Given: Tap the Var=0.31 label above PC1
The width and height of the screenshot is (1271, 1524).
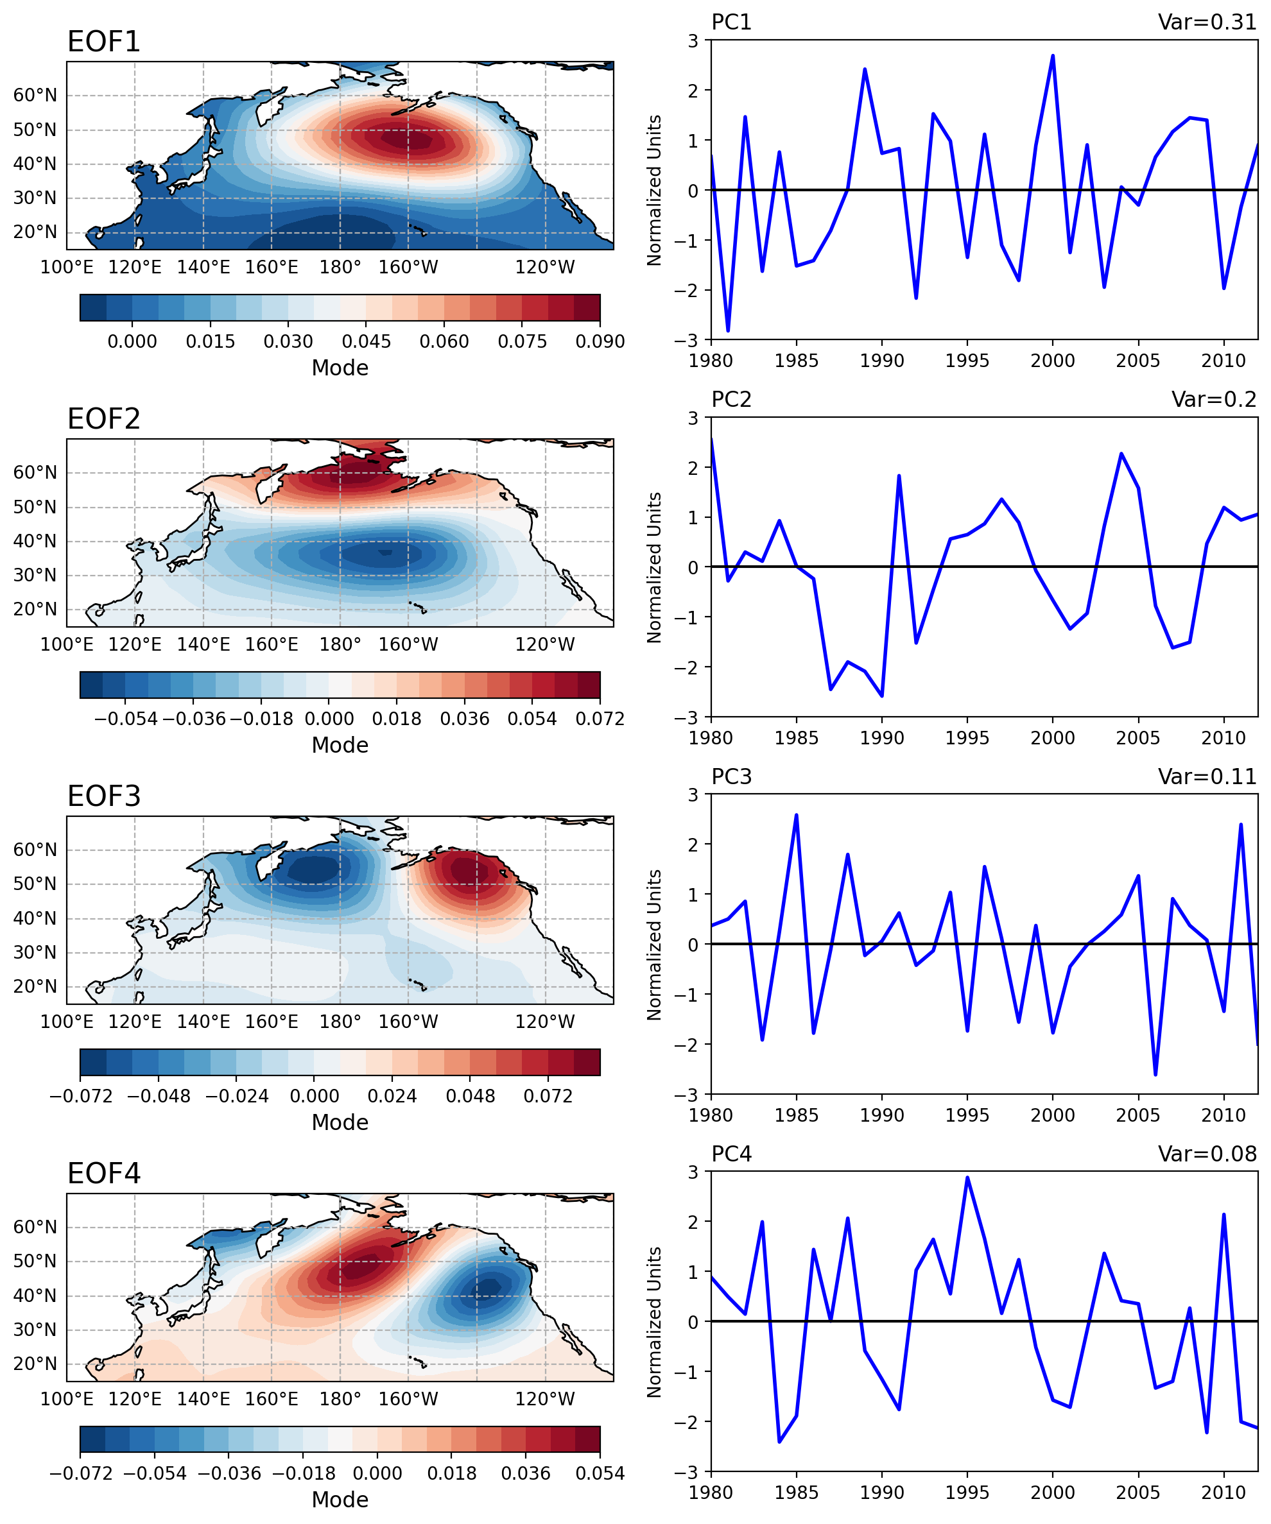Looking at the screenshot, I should (1206, 22).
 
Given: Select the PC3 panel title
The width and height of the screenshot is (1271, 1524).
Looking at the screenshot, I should (731, 776).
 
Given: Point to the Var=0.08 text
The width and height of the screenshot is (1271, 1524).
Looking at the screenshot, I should (1206, 1154).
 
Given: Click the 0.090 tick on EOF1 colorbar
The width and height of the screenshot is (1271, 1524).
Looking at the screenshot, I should (600, 341).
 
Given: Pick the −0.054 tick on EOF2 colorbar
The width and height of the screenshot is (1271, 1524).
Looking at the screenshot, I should (126, 719).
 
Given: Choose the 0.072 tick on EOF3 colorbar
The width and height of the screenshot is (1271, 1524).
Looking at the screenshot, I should (548, 1096).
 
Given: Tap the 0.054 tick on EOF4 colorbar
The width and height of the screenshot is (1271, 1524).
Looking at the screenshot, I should (600, 1473).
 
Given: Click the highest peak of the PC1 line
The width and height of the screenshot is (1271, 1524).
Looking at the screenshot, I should (1053, 56).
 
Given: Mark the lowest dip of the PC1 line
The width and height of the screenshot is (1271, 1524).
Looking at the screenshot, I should (728, 331).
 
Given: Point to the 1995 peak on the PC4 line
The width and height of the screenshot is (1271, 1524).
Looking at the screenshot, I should (967, 1178).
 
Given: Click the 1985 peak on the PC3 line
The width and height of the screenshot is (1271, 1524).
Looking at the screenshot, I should (796, 815).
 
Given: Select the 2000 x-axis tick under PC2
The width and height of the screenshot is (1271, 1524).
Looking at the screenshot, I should (1053, 737).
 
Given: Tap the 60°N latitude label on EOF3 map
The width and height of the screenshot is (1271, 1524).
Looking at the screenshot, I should (35, 850).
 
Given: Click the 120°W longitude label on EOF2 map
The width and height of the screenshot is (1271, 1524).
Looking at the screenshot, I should (544, 644).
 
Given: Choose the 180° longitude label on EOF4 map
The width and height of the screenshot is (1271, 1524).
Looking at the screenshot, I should (340, 1399).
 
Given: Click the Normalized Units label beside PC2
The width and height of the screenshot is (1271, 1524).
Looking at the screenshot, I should (654, 567).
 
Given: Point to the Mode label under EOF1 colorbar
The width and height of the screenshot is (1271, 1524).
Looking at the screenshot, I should (340, 368).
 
